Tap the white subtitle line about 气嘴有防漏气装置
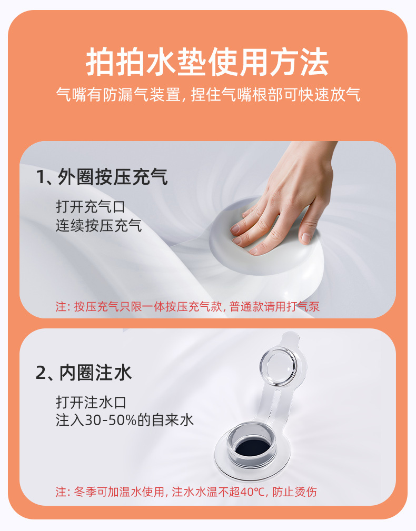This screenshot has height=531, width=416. pos(207,96)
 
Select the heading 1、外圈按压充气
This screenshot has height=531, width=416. pos(102,177)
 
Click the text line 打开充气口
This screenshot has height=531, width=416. pos(91,206)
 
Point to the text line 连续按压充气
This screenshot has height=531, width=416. pos(98,226)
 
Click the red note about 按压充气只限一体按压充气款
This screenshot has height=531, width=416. pos(187,307)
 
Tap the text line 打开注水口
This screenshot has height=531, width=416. pos(91,403)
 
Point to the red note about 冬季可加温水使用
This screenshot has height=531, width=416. pos(186,492)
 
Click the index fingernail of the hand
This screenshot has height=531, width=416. pos(235,229)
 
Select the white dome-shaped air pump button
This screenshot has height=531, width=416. pos(247,247)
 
